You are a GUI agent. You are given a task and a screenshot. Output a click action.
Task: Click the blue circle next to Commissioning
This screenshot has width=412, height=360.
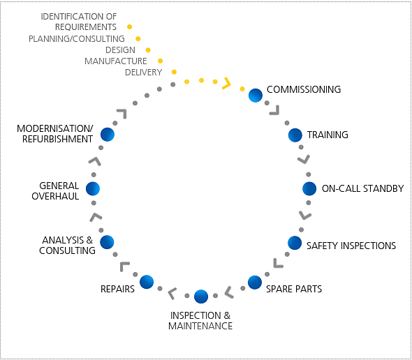pos(256,96)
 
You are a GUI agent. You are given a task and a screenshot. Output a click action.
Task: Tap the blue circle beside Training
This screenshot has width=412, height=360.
pos(295,135)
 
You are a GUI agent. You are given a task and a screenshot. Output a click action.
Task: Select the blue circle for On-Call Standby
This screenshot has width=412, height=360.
pos(309,188)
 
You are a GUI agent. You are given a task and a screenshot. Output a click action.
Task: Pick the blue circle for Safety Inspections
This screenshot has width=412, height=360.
pos(295,243)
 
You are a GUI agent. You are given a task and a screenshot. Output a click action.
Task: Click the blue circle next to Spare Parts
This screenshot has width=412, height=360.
pos(255,283)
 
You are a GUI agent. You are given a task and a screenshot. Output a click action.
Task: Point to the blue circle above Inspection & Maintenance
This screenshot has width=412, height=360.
pos(201,297)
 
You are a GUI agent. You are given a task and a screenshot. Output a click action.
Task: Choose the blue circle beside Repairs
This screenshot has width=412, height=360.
pos(147,282)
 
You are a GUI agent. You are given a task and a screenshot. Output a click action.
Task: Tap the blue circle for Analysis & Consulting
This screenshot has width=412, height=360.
pos(107,242)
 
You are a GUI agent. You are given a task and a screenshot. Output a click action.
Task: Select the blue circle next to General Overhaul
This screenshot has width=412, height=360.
pos(93,188)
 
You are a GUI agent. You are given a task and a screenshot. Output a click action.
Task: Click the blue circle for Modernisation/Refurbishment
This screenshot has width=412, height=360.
pos(108,135)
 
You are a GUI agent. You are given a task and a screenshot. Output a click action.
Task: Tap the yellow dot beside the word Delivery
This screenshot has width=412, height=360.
pos(174,72)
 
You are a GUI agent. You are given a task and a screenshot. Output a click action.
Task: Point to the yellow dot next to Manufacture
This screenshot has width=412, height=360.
pos(161,61)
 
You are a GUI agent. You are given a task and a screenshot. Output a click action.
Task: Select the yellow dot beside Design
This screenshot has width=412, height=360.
pos(148,50)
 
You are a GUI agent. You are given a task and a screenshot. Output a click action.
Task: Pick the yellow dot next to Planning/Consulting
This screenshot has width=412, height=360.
pos(138,39)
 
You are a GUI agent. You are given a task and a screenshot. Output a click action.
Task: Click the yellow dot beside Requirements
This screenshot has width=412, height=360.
pos(129,27)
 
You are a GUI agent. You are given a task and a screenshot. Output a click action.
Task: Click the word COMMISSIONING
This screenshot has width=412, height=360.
pos(304,89)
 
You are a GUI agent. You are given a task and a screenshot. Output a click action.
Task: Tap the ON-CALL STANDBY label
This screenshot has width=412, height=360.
pos(363,188)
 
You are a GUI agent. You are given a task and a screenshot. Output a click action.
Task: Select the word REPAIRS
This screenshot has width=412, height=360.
pos(117,289)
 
